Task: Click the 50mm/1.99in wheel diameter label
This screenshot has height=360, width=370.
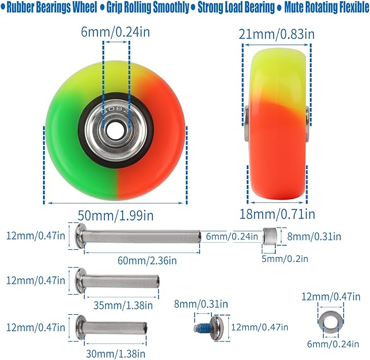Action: [x=116, y=215]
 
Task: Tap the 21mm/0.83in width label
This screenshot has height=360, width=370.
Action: [x=277, y=34]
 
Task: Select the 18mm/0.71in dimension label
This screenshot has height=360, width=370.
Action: [x=277, y=214]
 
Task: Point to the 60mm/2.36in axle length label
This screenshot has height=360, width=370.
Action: [x=147, y=260]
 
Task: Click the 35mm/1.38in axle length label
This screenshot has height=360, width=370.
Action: [x=123, y=305]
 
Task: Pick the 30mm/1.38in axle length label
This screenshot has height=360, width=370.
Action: [x=116, y=353]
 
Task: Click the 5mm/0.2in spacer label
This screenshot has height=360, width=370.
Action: [x=285, y=259]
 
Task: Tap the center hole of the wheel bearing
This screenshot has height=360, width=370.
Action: [x=112, y=130]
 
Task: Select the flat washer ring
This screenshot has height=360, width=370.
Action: [x=331, y=323]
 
